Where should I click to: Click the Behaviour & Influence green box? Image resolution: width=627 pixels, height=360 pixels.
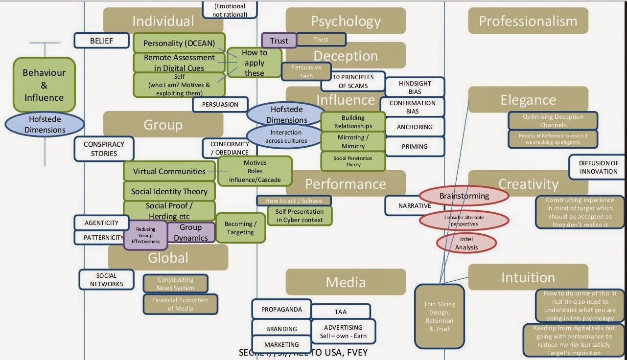click(x=44, y=85)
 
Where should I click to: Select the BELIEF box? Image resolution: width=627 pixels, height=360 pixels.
click(x=101, y=41)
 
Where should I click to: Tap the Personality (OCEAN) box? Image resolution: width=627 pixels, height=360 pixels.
click(x=179, y=43)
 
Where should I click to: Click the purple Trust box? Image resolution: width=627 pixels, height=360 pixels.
click(x=279, y=41)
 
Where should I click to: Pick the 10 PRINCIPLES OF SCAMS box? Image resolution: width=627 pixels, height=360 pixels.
click(x=353, y=81)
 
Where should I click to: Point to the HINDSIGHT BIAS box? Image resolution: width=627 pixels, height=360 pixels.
click(x=415, y=87)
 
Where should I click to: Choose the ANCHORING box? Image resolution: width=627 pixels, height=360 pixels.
click(x=415, y=127)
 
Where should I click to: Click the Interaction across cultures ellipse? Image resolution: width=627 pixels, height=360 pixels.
click(x=286, y=136)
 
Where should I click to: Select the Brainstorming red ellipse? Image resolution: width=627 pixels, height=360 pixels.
click(x=464, y=196)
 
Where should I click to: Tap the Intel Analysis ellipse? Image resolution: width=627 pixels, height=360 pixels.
click(x=466, y=243)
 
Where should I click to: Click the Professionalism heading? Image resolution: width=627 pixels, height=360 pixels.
click(x=528, y=21)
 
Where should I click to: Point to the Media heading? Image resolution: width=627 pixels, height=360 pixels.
click(x=346, y=282)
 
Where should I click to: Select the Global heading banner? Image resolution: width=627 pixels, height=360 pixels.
click(x=168, y=258)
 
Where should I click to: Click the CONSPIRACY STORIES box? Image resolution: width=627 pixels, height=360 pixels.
click(x=104, y=149)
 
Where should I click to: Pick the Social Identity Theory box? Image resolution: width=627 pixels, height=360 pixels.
click(x=169, y=191)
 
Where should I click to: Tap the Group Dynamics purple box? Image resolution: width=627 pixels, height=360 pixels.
click(x=191, y=232)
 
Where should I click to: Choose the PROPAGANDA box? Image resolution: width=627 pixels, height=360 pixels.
click(x=281, y=309)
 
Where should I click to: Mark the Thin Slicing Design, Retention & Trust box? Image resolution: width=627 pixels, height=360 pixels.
click(x=439, y=316)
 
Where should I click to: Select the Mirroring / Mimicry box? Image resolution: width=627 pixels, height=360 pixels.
click(x=353, y=142)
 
